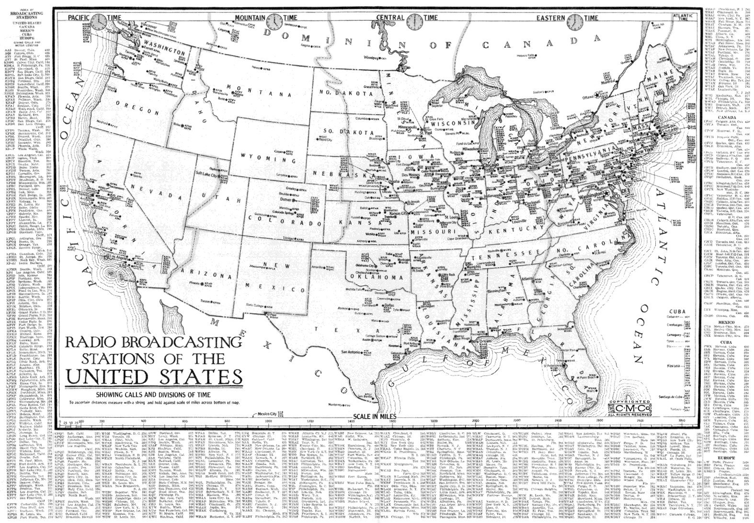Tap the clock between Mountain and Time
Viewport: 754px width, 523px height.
[x=275, y=22]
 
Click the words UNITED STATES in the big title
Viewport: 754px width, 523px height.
[x=154, y=375]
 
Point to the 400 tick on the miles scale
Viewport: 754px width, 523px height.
[x=144, y=420]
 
